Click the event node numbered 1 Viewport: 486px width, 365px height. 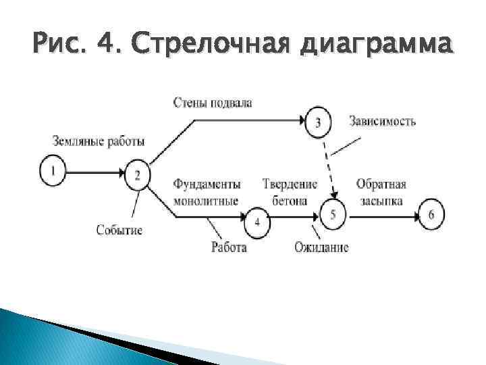point(53,172)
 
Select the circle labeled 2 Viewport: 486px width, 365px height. point(138,174)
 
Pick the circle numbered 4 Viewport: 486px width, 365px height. point(258,222)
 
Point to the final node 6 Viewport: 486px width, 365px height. point(431,216)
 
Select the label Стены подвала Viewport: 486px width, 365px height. point(213,103)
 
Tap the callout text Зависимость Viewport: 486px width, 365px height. point(383,122)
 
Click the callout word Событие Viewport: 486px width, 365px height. point(119,230)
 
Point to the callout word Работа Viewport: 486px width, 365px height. point(229,247)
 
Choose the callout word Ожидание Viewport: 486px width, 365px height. point(321,247)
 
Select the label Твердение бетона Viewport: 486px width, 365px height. point(290,192)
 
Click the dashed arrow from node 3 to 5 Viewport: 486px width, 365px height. point(327,167)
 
